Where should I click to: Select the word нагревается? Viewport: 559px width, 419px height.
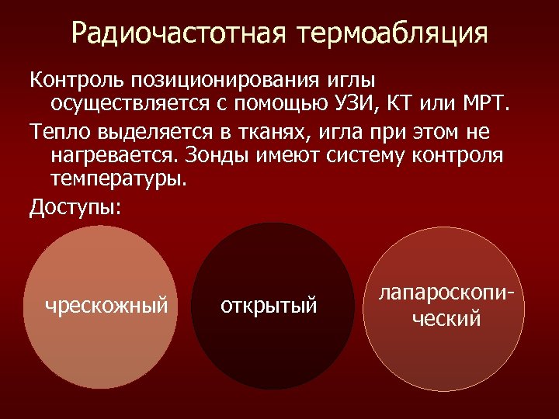tap(116, 155)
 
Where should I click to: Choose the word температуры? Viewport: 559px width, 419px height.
tap(119, 178)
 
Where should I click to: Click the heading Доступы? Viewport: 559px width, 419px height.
tap(75, 207)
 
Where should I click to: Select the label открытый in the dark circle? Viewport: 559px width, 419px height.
tap(269, 305)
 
